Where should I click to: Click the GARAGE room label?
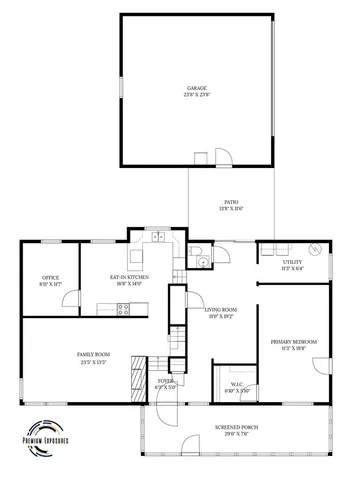196,88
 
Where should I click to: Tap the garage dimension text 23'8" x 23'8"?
196,96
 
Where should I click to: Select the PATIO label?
231,200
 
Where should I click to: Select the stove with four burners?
123,310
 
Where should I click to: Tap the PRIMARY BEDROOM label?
293,342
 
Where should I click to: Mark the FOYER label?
166,381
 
